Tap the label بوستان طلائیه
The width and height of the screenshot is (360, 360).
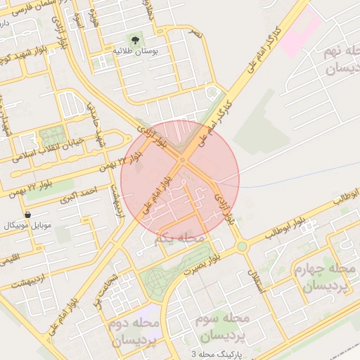tap(136, 51)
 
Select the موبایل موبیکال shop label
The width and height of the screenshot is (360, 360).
tap(27, 225)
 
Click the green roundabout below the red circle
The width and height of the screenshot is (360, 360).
tap(242, 247)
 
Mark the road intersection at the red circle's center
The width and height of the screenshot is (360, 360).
tap(181, 161)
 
